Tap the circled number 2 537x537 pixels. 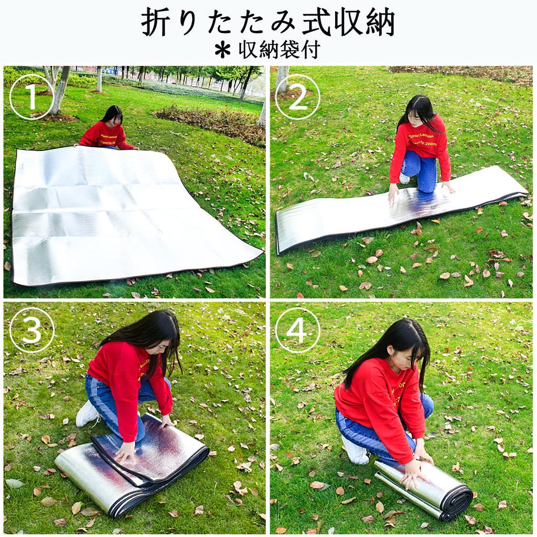(297, 97)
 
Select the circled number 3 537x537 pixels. (31, 330)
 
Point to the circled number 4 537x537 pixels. (297, 330)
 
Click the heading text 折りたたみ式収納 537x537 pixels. (268, 23)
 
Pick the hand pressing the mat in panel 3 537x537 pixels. (126, 451)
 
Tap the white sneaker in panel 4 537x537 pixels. (356, 451)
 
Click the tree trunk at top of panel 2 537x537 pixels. (282, 79)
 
